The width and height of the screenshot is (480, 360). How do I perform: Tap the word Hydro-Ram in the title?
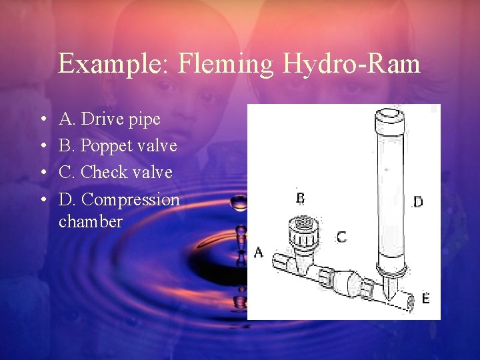point(352,64)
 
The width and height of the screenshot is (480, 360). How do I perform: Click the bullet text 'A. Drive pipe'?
point(110,119)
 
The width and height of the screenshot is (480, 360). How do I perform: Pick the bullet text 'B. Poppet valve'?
point(118,146)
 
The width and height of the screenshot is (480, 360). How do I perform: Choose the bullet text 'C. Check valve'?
point(116,173)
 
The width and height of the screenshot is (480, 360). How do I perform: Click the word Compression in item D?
point(131,199)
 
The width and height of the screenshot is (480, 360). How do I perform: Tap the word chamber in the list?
point(91,221)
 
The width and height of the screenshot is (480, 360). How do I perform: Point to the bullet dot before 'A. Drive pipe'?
point(43,120)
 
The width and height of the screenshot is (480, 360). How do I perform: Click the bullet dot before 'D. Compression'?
point(43,200)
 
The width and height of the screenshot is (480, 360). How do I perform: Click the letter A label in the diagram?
point(259,253)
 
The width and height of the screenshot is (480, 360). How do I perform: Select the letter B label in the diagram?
point(300,198)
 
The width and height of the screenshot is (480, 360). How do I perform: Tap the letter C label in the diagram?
point(341,237)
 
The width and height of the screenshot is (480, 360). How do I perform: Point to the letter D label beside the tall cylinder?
point(418,202)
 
